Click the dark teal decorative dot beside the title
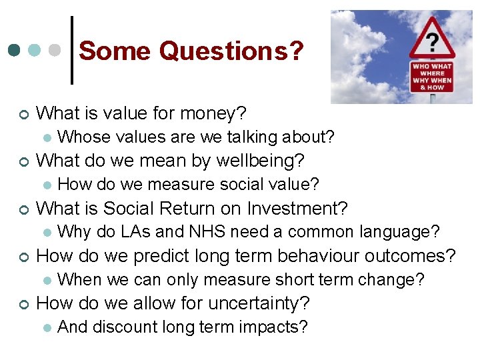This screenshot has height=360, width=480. pos(15,50)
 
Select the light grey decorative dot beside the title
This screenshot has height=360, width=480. pos(57,50)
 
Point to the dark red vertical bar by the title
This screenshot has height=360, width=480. pos(71,49)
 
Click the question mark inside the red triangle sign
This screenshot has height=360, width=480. pos(432,43)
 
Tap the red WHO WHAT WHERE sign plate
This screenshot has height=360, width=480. pos(431,77)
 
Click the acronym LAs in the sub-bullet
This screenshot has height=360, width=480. pos(137,232)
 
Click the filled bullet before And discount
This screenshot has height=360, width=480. pos(45,327)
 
